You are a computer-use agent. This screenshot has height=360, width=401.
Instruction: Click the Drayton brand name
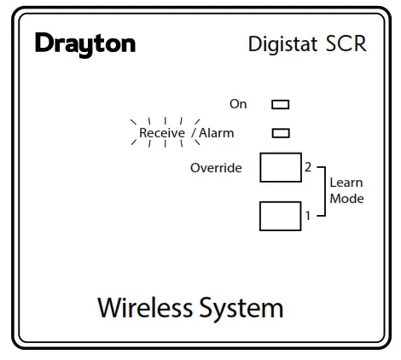tap(85, 44)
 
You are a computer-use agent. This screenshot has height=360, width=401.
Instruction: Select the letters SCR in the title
tap(346, 44)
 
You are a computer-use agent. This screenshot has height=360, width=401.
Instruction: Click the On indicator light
tap(280, 105)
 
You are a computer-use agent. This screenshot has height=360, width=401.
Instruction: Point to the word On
tap(238, 104)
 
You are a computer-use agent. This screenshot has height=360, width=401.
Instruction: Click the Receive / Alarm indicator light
tap(280, 133)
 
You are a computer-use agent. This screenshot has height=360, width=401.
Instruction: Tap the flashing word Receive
tap(162, 133)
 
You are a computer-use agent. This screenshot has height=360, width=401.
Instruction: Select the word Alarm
tap(216, 133)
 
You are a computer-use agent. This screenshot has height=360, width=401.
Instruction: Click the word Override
tap(216, 168)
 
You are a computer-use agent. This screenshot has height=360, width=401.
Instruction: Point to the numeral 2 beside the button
tap(308, 167)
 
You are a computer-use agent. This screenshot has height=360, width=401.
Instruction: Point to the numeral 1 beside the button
tap(308, 215)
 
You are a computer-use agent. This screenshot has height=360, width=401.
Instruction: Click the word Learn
tap(346, 183)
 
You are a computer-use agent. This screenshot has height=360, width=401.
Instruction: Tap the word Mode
tap(346, 199)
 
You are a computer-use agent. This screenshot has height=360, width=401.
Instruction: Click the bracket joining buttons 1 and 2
tap(324, 191)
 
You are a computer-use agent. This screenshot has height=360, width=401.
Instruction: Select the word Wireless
tap(144, 307)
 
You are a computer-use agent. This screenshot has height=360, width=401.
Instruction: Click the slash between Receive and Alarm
tap(194, 133)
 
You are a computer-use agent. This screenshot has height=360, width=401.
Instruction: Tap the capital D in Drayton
tap(44, 44)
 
